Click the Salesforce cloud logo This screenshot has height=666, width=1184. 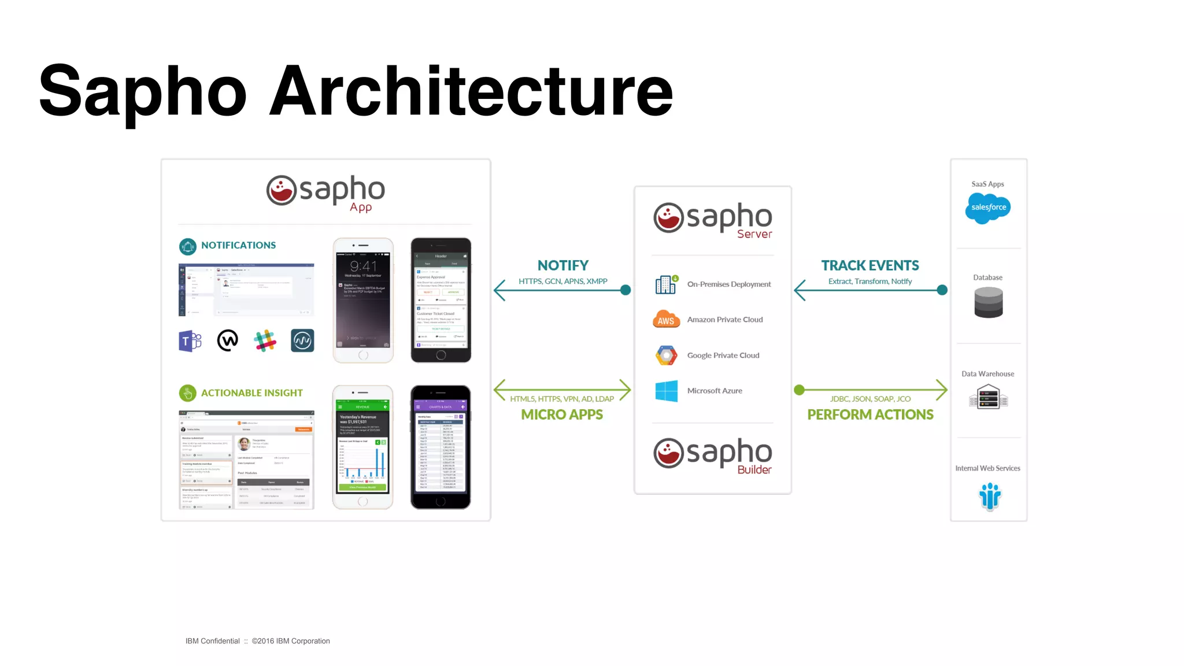(x=987, y=208)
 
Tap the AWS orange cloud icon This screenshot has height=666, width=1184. (x=666, y=319)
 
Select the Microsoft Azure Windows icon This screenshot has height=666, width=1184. (x=666, y=391)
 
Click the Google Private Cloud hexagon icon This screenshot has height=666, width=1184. (x=666, y=355)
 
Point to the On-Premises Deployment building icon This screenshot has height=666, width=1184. (x=666, y=284)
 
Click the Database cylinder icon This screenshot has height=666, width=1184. (x=988, y=302)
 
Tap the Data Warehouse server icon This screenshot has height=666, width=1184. (x=988, y=398)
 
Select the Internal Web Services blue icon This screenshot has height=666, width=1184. (x=990, y=496)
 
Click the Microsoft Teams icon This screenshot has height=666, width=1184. (x=190, y=341)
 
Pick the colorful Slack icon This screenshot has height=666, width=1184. (x=265, y=341)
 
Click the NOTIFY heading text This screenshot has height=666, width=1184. (x=563, y=265)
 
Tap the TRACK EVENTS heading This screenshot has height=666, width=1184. (x=869, y=265)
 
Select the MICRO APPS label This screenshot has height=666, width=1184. (x=561, y=415)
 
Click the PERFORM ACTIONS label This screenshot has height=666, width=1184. (x=870, y=415)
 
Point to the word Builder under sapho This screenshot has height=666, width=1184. (x=754, y=470)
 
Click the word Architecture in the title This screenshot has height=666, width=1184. (x=471, y=91)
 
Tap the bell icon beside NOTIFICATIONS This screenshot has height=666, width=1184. (x=187, y=246)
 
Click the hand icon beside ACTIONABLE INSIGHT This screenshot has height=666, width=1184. (x=187, y=394)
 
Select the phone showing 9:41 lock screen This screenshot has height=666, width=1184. (x=363, y=301)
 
